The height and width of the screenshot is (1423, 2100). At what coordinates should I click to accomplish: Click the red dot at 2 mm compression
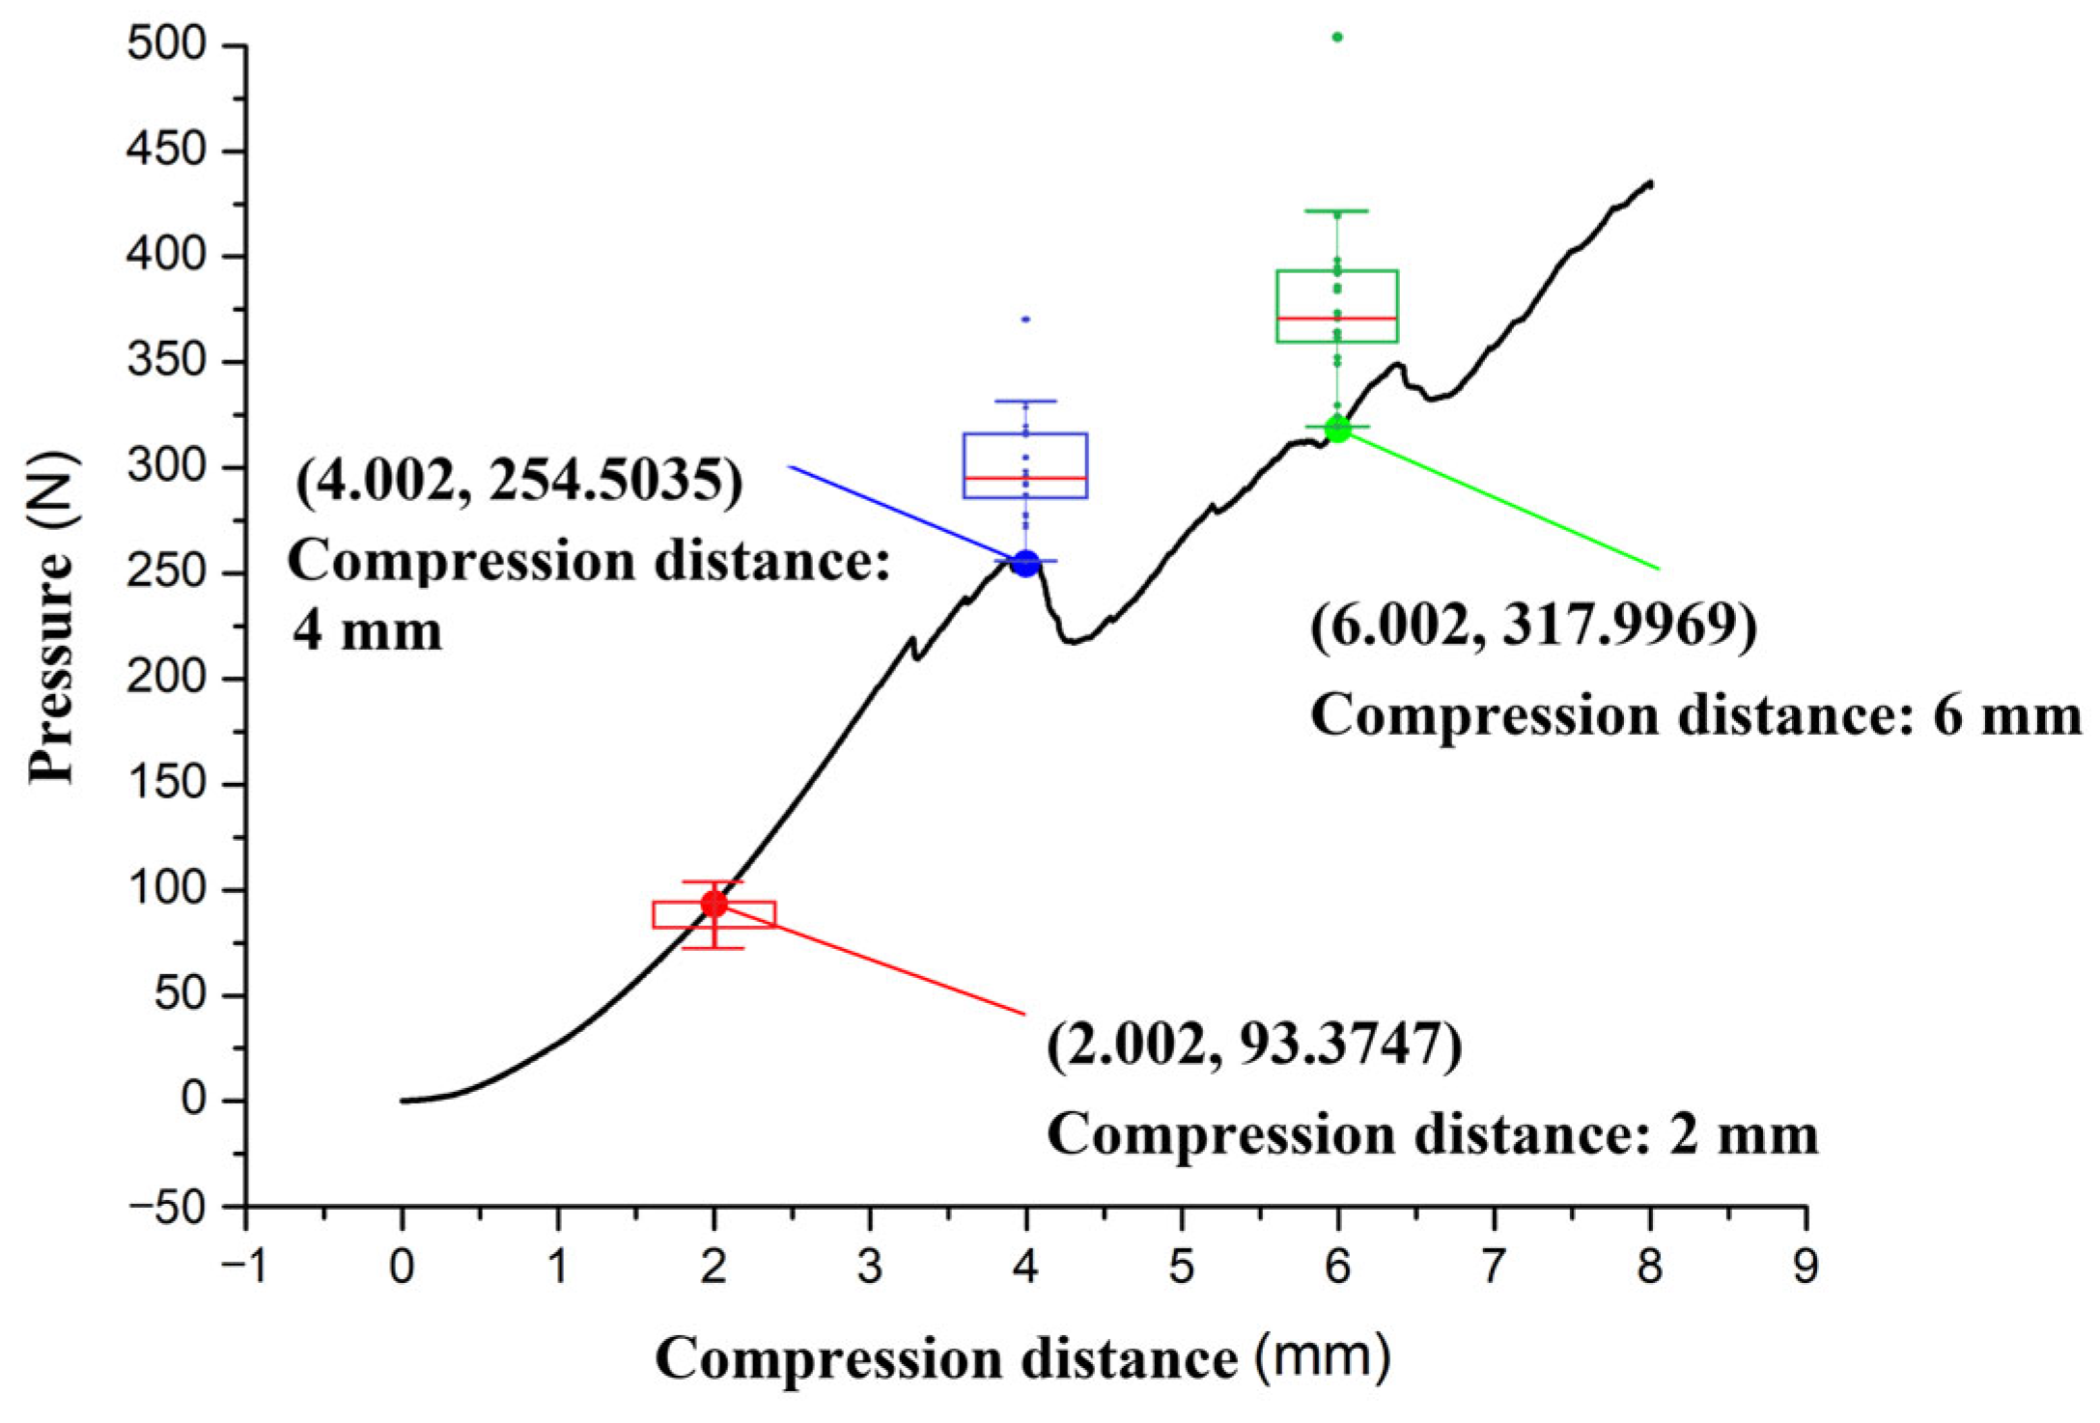tap(714, 905)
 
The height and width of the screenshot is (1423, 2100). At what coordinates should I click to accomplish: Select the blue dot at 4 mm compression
tap(1025, 564)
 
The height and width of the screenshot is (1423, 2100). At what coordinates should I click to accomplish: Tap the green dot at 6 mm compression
tap(1337, 430)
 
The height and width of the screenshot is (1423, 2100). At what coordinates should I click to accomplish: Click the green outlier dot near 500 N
tap(1337, 38)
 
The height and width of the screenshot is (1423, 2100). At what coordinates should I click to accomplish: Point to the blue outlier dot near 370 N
tap(1025, 319)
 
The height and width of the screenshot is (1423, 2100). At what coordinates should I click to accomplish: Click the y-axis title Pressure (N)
tap(50, 618)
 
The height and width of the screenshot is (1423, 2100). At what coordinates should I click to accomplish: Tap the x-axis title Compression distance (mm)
tap(1023, 1359)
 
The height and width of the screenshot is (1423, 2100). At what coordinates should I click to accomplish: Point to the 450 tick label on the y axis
tap(166, 151)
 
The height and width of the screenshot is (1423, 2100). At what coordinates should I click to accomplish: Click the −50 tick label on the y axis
tap(166, 1208)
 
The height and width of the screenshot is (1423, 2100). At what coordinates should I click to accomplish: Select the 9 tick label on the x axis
tap(1806, 1267)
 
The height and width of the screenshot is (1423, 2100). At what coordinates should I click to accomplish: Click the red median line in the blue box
tap(1025, 478)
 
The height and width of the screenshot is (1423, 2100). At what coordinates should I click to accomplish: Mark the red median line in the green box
tap(1337, 318)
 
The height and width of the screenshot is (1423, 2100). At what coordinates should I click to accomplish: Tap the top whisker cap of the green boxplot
tap(1337, 210)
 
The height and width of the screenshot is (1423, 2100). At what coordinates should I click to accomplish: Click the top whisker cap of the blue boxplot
tap(1025, 401)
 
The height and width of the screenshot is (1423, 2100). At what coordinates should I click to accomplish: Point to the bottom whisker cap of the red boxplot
tap(714, 948)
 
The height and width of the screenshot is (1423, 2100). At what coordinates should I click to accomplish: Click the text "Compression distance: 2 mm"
tap(1432, 1134)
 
